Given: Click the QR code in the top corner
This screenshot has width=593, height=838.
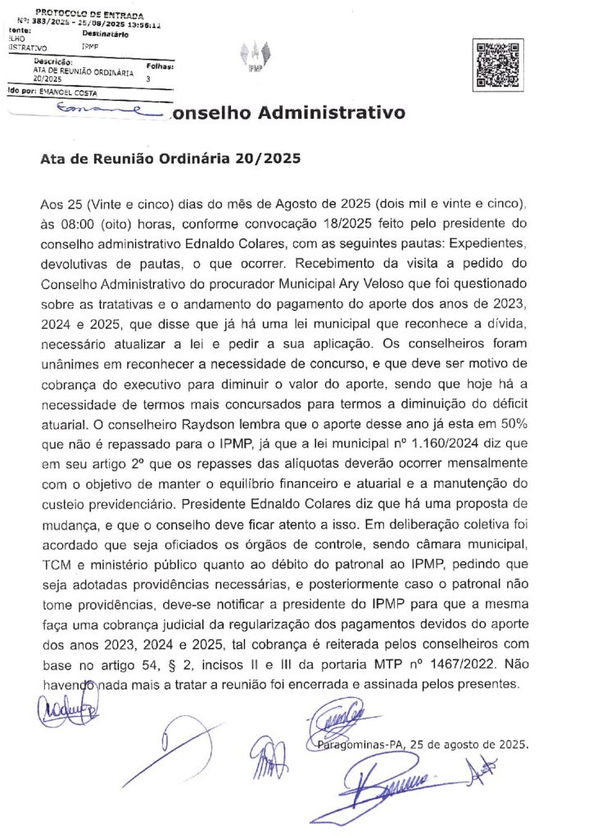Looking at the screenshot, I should pyautogui.click(x=499, y=65).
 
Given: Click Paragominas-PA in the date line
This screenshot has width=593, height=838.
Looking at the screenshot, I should pyautogui.click(x=358, y=745).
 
